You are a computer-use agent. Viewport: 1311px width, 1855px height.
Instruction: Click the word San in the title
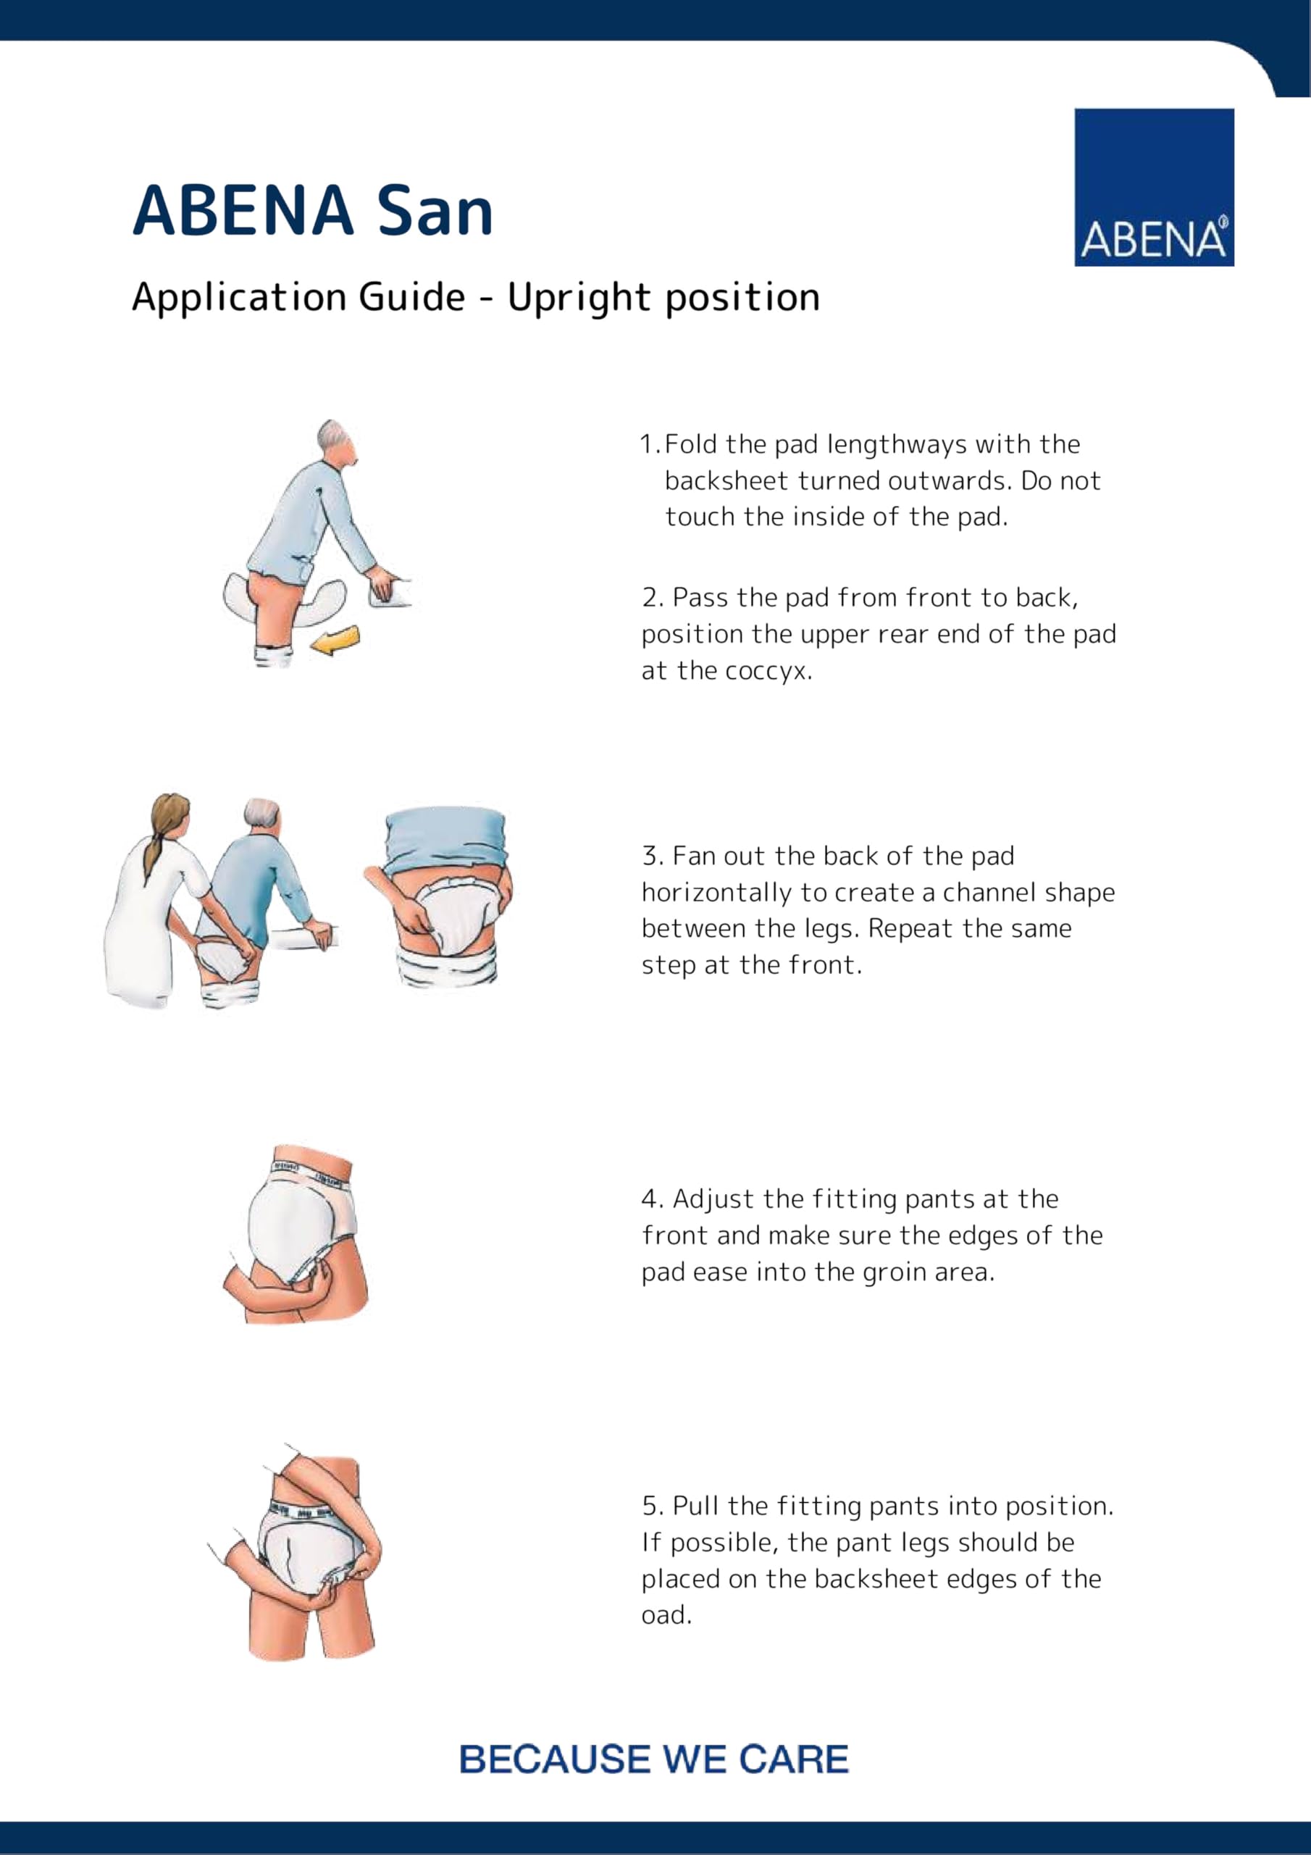(x=435, y=212)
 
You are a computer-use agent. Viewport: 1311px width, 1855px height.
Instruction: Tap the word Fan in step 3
(x=693, y=856)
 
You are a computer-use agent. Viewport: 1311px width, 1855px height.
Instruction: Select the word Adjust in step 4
(x=708, y=1200)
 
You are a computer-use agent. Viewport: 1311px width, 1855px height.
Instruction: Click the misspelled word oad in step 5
(x=666, y=1615)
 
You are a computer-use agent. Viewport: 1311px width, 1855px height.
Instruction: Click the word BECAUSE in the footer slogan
(x=553, y=1759)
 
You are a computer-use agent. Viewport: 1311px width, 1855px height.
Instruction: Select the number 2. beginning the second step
(x=652, y=598)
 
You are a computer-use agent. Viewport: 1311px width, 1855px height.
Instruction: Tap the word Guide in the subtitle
(x=411, y=298)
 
